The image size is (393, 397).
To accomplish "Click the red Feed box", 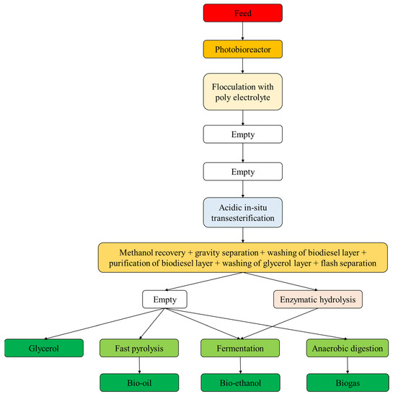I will (242, 12).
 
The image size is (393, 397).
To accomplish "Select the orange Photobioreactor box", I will (242, 50).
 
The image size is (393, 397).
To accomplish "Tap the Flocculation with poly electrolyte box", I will (242, 94).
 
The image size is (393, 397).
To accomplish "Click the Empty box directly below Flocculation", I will (242, 134).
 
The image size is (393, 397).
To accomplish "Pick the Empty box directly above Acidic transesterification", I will (242, 171).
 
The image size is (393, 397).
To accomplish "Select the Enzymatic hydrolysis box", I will (318, 297).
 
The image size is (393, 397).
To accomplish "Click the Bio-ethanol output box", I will (242, 383).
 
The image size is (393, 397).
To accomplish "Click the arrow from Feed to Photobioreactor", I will (242, 31).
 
